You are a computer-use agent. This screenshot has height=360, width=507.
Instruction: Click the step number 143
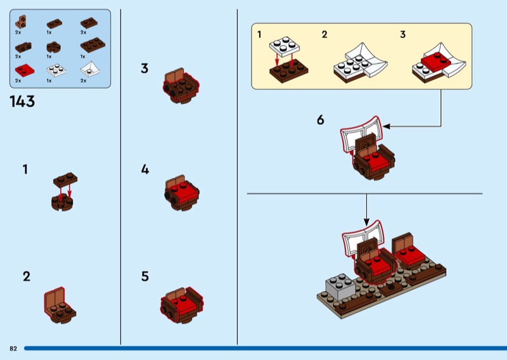click(x=22, y=101)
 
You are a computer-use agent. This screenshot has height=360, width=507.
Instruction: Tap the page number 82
click(x=13, y=349)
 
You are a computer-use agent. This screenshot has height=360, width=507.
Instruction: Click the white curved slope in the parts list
click(x=89, y=68)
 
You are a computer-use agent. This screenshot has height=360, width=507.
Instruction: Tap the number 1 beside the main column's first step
click(x=25, y=169)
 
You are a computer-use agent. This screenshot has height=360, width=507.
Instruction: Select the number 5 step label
click(x=145, y=276)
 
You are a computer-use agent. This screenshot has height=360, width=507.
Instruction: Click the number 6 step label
click(x=321, y=119)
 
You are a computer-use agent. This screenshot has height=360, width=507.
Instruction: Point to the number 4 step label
click(x=145, y=169)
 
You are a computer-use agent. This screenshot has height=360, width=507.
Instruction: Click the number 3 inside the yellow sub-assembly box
click(x=402, y=35)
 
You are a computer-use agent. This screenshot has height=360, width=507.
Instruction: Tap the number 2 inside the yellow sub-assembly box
click(x=324, y=35)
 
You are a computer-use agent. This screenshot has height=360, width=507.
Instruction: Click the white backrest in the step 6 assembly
click(x=360, y=130)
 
